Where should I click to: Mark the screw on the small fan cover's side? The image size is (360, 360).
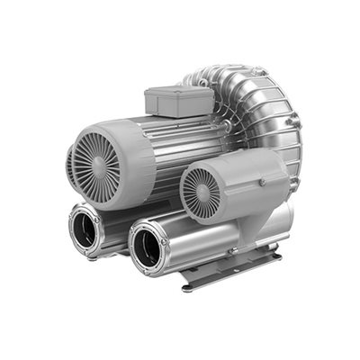pyautogui.click(x=262, y=183)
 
